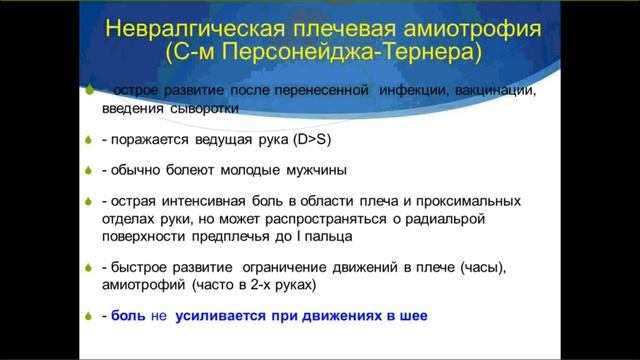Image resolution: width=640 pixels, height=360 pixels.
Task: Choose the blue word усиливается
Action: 222,316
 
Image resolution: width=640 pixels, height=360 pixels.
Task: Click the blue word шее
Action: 411,316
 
